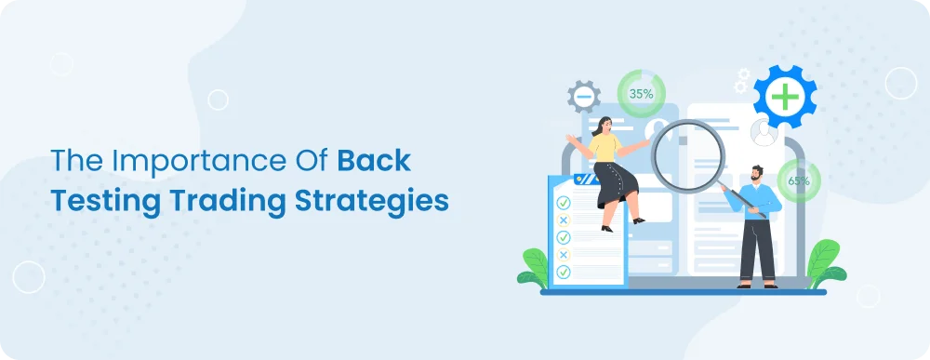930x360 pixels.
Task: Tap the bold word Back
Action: pos(373,160)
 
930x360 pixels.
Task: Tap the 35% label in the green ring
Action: pos(641,94)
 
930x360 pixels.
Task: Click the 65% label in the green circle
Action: pos(798,180)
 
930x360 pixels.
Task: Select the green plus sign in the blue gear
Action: pos(784,97)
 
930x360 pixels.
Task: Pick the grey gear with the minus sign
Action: pos(584,96)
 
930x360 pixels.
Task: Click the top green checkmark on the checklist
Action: pos(562,203)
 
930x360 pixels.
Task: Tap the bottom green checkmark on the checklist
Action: pos(562,272)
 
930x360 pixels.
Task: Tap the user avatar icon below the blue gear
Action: pos(764,133)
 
